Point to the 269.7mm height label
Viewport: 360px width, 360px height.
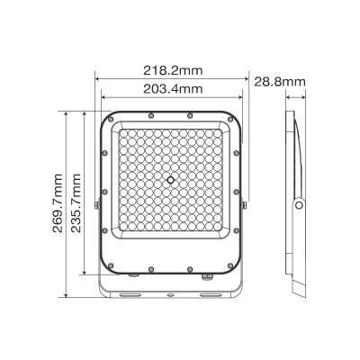(x=58, y=204)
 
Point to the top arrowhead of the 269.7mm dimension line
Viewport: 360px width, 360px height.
(x=69, y=114)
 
